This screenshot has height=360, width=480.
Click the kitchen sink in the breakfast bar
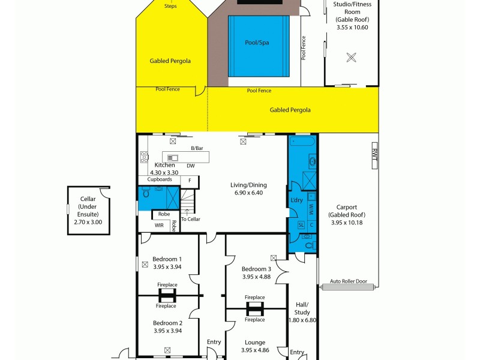tap(173, 158)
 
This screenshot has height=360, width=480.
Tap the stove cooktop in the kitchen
tap(144, 157)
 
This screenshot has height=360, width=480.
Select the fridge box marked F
tap(190, 180)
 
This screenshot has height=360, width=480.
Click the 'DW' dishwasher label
tap(190, 166)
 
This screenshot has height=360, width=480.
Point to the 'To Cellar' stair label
tap(190, 219)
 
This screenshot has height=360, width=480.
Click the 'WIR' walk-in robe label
tap(159, 226)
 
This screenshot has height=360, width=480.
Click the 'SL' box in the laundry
tap(301, 224)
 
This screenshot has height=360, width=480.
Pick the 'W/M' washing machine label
tap(311, 208)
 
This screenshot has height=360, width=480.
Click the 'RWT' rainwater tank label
tap(374, 154)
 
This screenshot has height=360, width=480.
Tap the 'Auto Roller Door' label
tap(348, 281)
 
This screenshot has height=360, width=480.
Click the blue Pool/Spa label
tap(259, 43)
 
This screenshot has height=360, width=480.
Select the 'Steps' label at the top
tap(170, 7)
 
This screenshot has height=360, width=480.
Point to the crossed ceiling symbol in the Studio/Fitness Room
tap(352, 58)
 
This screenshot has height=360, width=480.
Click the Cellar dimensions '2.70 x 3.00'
tap(88, 222)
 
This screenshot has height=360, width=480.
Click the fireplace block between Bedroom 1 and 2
tap(167, 295)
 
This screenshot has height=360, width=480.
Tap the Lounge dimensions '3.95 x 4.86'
tap(254, 350)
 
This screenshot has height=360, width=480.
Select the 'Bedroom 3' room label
tap(256, 269)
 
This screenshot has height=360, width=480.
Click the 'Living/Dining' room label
tap(248, 185)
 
